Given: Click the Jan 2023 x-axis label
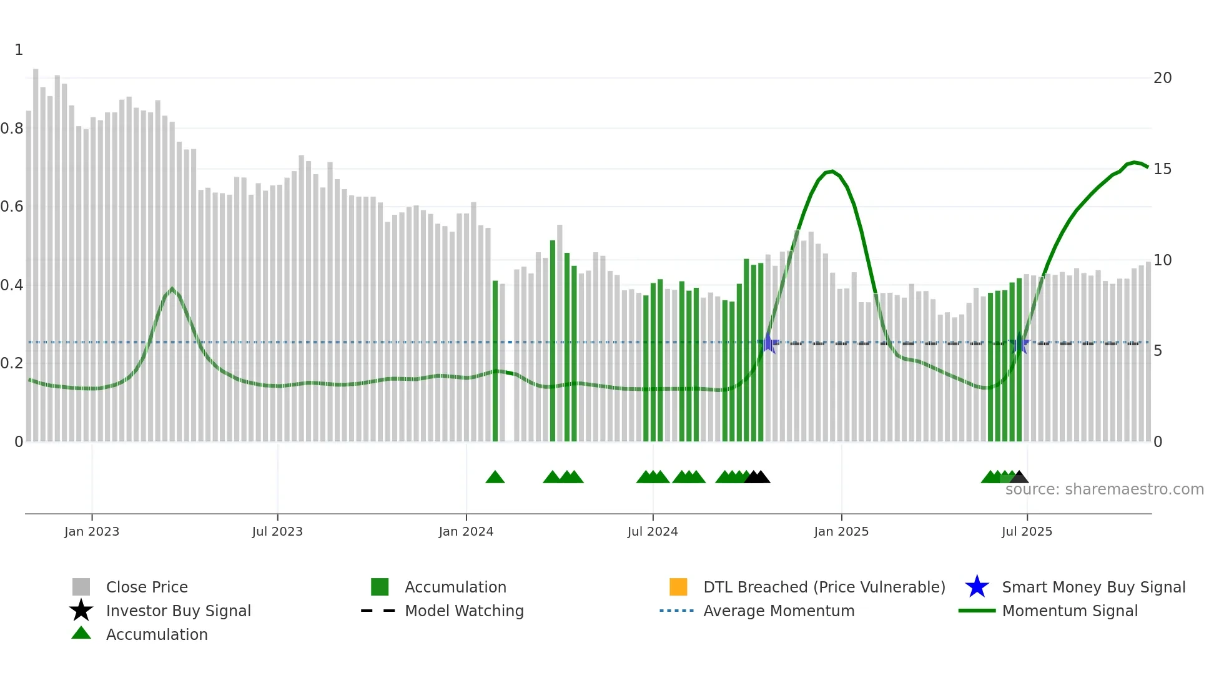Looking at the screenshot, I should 91,531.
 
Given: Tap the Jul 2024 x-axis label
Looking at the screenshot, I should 652,531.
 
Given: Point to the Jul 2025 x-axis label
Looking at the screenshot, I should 1027,531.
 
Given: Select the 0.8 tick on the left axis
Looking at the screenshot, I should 12,129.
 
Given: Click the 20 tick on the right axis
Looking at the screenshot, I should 1162,78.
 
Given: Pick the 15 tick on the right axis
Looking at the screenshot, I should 1162,169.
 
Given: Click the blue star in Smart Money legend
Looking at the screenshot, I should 977,587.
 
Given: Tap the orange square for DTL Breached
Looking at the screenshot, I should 678,587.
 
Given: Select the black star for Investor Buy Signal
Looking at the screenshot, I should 81,611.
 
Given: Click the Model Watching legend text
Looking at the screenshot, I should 464,611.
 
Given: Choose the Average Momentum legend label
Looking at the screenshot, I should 779,611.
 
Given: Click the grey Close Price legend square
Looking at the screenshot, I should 81,587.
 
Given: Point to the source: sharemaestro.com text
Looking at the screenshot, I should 1104,489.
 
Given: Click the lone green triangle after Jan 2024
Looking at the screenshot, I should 495,478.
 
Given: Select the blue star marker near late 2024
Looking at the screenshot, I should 769,343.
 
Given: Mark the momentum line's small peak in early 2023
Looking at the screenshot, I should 172,289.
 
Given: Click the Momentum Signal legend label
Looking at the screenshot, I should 1070,611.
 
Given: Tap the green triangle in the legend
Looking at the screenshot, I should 81,633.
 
